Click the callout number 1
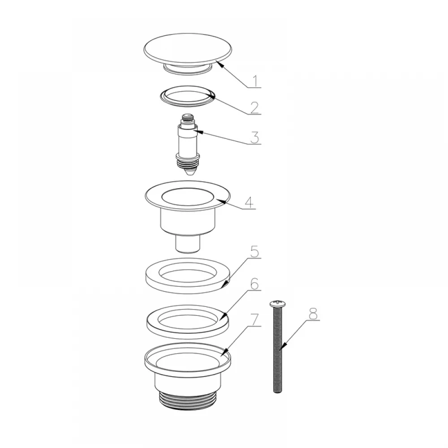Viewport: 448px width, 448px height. coord(256,81)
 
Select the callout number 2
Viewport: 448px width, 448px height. coord(254,108)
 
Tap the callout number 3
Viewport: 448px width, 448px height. coord(254,137)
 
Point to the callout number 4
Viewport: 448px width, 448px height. coord(249,202)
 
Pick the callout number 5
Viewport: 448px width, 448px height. coord(254,251)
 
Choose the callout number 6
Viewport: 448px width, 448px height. coord(254,284)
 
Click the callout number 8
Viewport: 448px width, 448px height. coord(313,314)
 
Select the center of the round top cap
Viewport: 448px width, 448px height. coord(187,49)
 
